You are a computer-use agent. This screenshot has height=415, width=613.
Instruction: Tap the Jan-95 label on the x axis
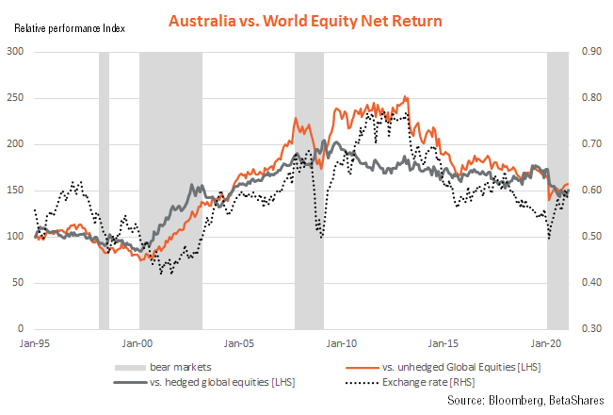[x=35, y=344]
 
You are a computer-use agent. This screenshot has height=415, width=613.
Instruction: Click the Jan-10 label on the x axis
[x=343, y=344]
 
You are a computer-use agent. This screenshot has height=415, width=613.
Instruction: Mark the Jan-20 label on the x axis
[x=548, y=344]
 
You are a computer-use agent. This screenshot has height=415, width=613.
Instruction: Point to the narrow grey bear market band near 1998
[x=104, y=189]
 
